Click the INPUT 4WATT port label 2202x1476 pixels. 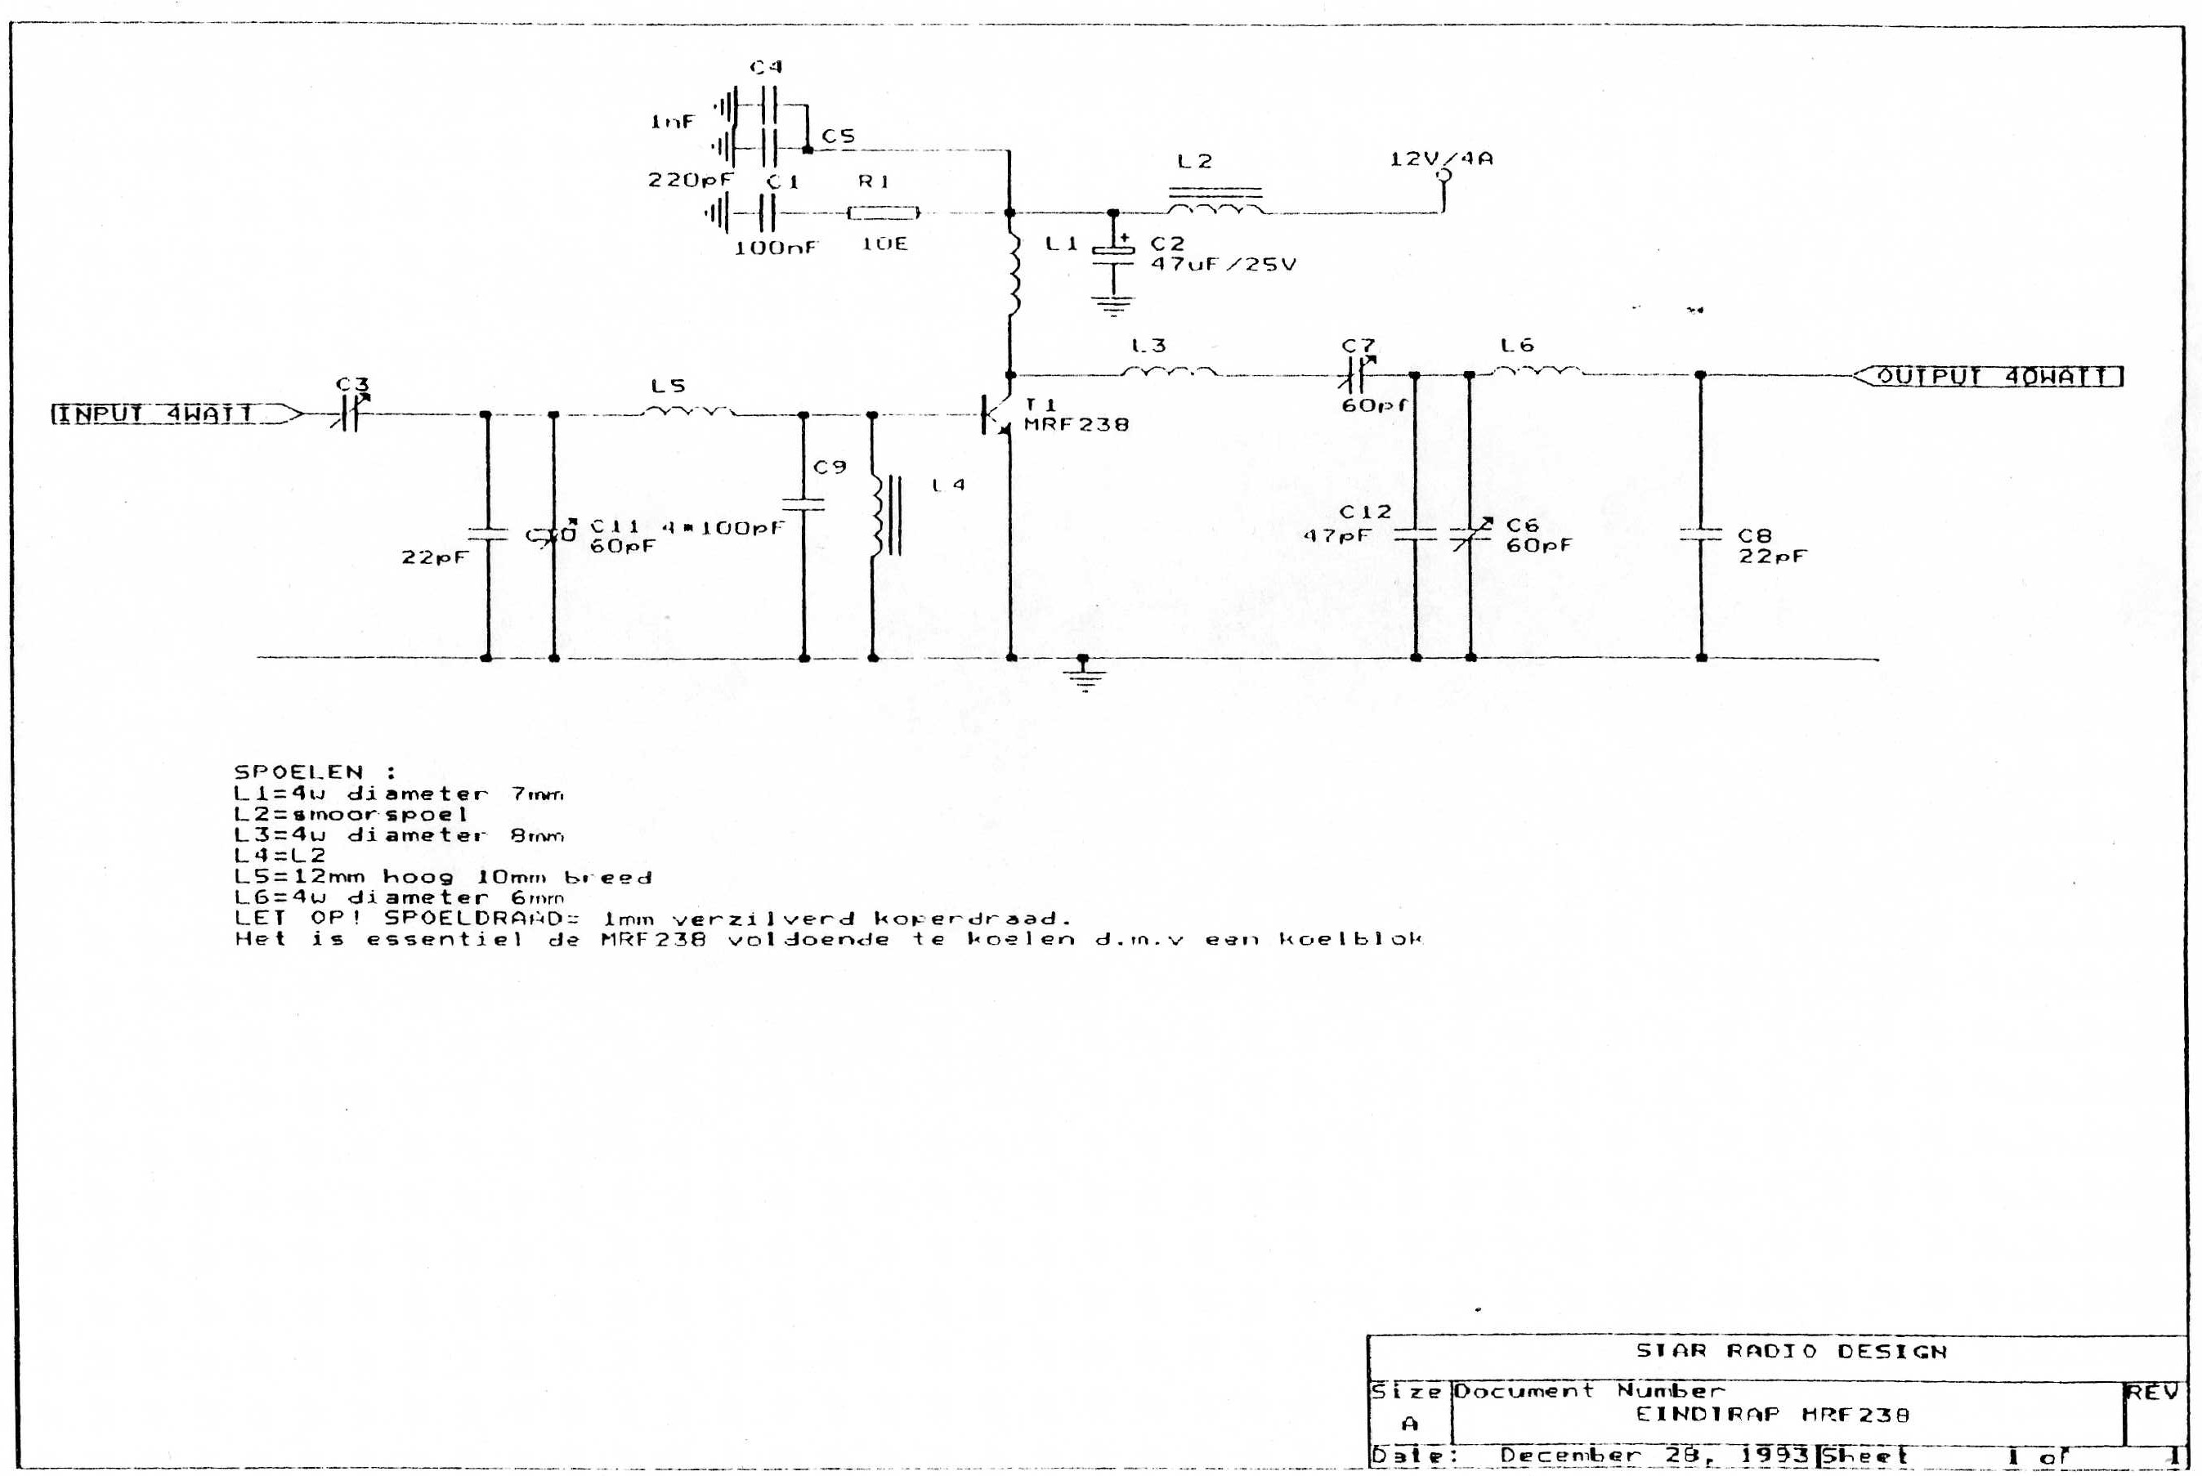coord(156,414)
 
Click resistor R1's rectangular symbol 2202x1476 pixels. coord(883,213)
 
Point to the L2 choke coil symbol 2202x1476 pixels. coord(1215,203)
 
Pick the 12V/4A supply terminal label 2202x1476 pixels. coord(1441,159)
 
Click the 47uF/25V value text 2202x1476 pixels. coord(1223,265)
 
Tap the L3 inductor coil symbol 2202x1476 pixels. coord(1168,372)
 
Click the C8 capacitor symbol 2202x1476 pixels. coord(1700,534)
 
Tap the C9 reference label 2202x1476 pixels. coord(830,467)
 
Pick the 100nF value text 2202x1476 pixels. coord(776,248)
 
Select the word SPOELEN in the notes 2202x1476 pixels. coord(298,772)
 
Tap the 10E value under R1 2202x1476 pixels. coord(884,244)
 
